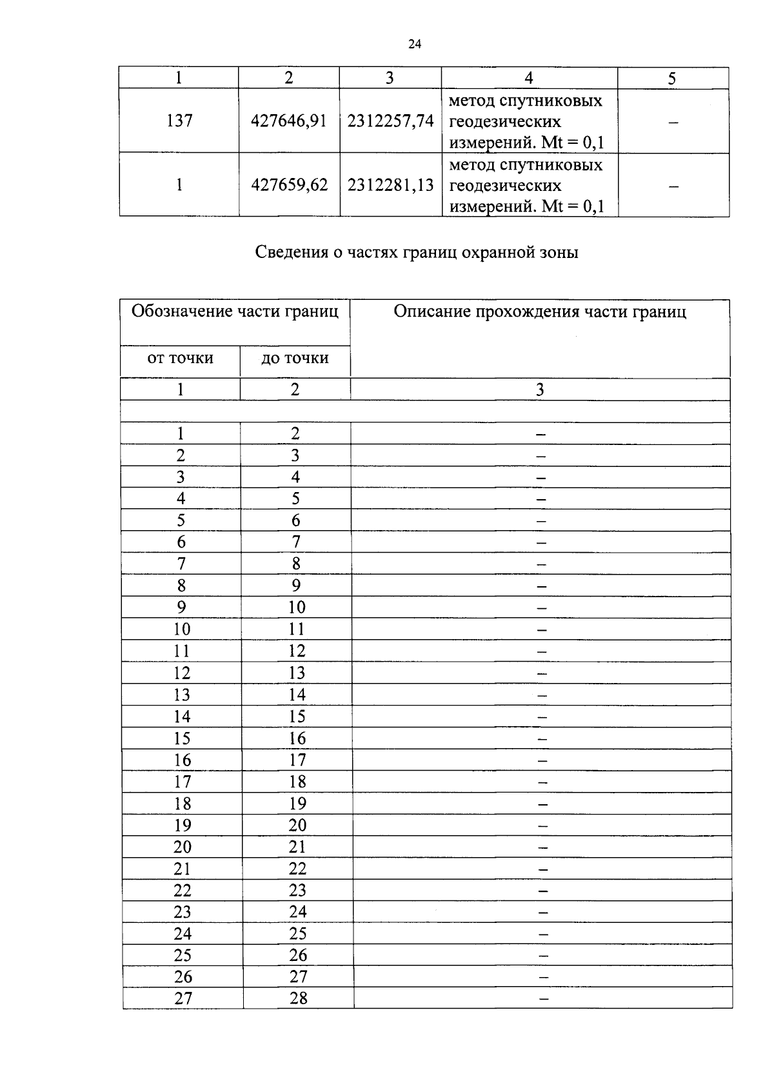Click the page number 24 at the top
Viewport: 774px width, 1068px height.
415,44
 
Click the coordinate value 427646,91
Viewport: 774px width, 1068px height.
289,121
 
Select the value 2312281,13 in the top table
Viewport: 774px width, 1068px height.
390,185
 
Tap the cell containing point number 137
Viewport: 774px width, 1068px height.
179,121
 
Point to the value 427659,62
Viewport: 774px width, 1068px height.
289,185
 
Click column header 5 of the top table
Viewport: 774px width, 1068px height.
672,79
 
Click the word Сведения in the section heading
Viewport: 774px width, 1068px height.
292,252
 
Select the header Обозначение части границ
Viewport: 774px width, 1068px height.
235,312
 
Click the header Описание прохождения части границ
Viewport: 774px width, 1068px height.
540,312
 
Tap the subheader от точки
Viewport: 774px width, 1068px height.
180,359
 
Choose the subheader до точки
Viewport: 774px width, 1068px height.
295,359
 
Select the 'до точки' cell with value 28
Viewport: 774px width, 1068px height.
299,998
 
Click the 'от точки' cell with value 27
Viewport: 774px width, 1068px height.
183,998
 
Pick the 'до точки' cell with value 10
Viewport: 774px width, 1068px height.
297,608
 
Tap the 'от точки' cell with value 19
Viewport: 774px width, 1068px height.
183,826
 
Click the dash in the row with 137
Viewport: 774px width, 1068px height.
673,122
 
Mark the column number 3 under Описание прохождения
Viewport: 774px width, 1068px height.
540,390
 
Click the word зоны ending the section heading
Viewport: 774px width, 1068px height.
559,252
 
